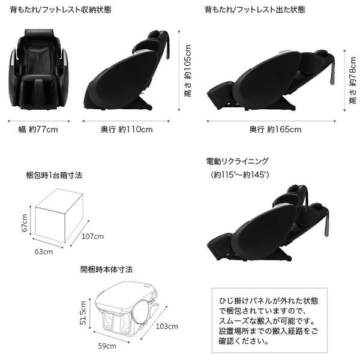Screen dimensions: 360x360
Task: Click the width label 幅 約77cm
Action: (x=40, y=129)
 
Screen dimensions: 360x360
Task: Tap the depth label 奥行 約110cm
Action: (x=126, y=129)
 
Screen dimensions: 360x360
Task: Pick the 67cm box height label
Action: (x=25, y=222)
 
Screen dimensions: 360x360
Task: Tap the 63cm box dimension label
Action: (x=43, y=251)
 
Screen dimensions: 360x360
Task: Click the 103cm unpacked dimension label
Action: (x=166, y=327)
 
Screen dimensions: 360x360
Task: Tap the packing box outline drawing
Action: (x=59, y=217)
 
